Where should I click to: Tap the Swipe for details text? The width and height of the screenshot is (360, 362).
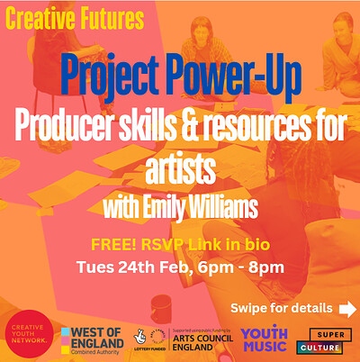pyautogui.click(x=281, y=309)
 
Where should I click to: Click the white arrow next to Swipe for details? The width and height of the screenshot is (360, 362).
pyautogui.click(x=347, y=309)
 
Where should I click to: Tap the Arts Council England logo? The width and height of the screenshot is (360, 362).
pyautogui.click(x=199, y=339)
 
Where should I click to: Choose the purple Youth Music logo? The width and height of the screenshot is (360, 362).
pyautogui.click(x=265, y=339)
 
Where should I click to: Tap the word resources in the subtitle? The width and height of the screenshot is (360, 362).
pyautogui.click(x=270, y=128)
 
